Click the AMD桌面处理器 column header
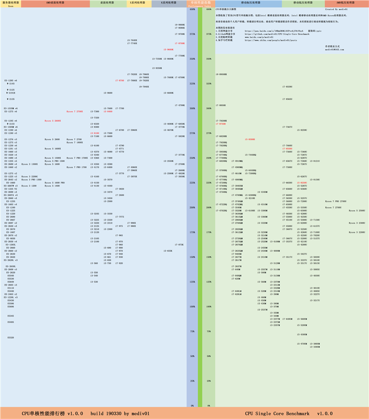point(55,2)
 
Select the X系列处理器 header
point(139,2)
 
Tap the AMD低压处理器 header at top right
point(345,2)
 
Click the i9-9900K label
point(180,25)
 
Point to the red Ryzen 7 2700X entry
point(75,112)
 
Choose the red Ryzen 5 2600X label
point(53,121)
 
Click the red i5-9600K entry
point(168,49)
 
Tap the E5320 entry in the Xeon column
point(11,337)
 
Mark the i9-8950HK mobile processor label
point(221,74)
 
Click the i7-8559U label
point(287,87)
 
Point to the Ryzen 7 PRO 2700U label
point(336,201)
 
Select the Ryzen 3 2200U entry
point(357,232)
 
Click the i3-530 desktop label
point(94,281)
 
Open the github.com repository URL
point(277,34)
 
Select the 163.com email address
point(334,49)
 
